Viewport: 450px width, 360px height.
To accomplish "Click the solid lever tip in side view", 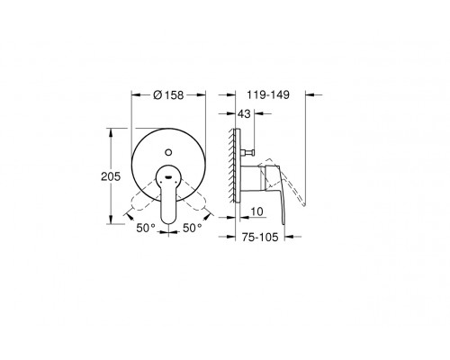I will click(281, 216).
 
